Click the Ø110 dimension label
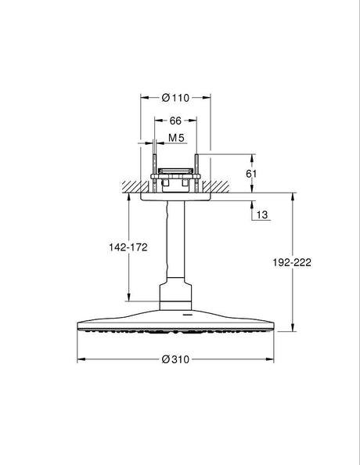(176, 98)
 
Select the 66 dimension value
(176, 121)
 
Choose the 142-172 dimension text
(128, 246)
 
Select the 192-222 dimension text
(293, 263)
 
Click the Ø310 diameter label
(175, 359)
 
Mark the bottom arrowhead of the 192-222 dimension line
(293, 330)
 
